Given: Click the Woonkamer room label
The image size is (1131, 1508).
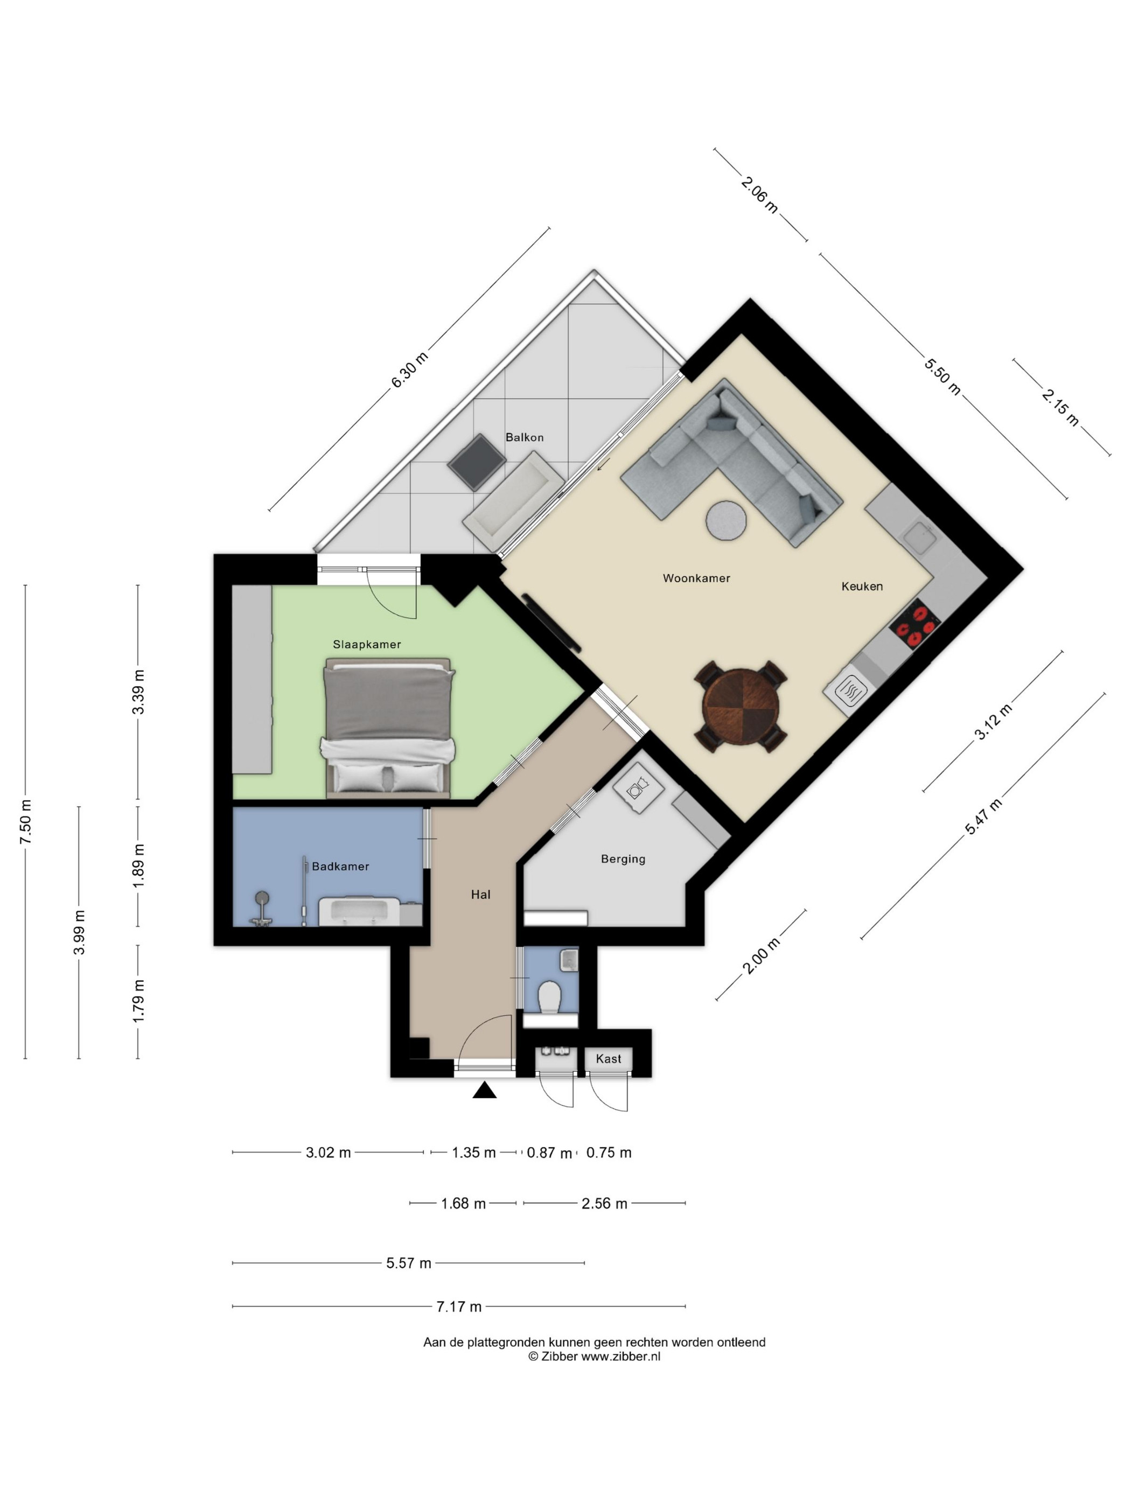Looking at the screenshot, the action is (696, 578).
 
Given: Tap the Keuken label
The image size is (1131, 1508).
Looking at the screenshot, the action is (862, 587).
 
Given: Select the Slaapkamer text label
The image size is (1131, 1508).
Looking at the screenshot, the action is (367, 644).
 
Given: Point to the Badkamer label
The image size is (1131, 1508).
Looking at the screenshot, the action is (340, 867).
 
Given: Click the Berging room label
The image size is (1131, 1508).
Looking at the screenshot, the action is (623, 859).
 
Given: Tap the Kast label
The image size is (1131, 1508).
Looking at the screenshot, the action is (608, 1059).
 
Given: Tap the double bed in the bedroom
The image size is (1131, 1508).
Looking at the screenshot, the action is (388, 728).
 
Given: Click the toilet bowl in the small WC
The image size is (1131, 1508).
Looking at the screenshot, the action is (549, 997).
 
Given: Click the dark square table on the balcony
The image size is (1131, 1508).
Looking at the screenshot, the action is (477, 462).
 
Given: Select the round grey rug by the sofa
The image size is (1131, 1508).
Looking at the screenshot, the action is (725, 521).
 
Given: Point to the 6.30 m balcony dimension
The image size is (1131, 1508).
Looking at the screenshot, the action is (409, 369).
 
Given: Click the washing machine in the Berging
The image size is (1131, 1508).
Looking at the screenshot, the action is (639, 788).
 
